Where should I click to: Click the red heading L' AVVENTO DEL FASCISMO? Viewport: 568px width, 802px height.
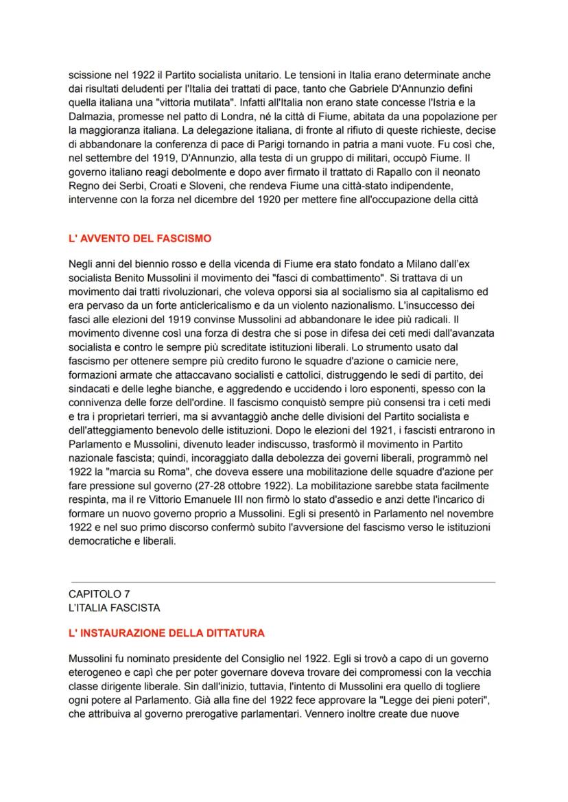tap(140, 239)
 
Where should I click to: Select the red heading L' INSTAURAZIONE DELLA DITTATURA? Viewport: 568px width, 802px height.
tap(167, 633)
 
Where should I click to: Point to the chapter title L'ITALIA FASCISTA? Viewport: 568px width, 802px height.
tap(114, 608)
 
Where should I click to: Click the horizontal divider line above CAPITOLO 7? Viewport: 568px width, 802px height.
tap(282, 582)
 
